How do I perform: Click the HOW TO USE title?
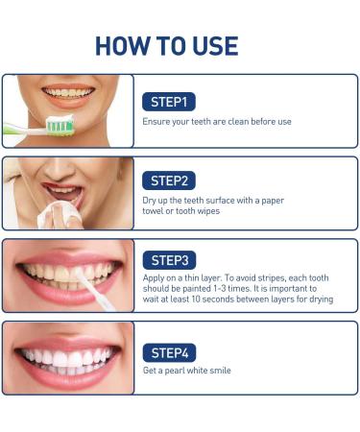167,46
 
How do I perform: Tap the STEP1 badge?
169,102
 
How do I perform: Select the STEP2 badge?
169,180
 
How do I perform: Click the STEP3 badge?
169,260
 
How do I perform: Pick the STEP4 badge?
169,353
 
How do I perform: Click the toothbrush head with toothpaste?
60,125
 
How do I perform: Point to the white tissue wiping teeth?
60,214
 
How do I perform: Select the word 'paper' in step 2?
273,202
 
